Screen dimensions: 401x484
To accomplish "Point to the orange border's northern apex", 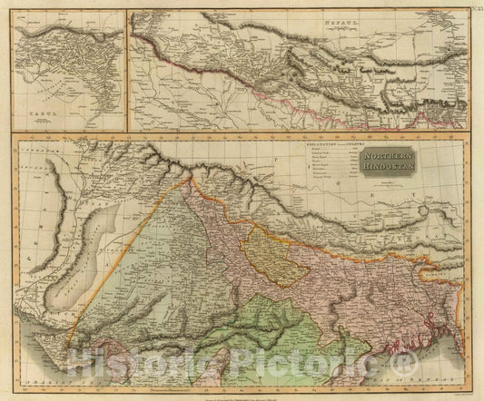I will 190,179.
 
